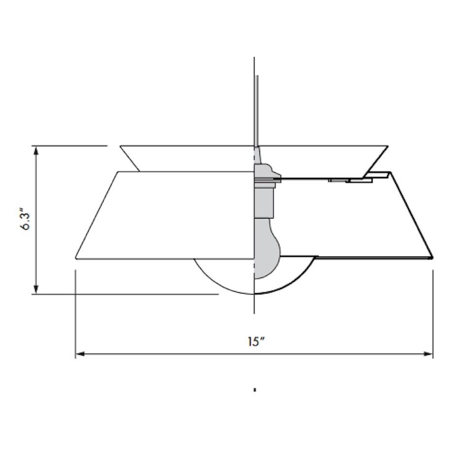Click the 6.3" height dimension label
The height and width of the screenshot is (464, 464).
pos(27,221)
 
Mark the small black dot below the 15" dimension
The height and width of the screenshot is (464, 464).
pos(255,390)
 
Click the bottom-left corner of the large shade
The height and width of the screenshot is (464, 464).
pos(76,258)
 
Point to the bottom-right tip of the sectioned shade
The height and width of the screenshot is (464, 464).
pos(431,257)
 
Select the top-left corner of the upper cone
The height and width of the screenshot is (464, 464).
pos(121,146)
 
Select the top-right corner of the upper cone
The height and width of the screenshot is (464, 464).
pos(388,146)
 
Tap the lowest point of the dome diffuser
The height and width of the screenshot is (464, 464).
pos(254,294)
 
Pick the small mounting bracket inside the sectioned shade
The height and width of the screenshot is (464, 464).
pos(351,181)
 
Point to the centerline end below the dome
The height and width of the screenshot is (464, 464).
pos(254,312)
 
